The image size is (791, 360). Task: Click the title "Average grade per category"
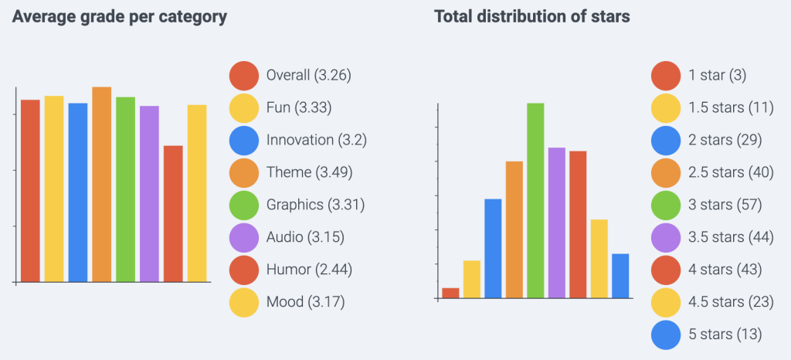click(120, 16)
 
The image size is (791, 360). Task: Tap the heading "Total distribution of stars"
click(532, 16)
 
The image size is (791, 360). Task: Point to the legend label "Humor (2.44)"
click(310, 269)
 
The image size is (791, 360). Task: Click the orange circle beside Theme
click(244, 172)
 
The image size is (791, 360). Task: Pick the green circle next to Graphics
click(244, 205)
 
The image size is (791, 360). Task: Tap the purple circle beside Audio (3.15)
click(244, 237)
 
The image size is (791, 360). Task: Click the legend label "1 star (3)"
click(718, 75)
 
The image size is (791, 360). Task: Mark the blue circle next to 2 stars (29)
click(666, 140)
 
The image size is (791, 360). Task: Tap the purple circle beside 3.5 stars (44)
click(666, 237)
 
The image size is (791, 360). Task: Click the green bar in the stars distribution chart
click(535, 201)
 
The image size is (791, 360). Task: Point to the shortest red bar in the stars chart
click(450, 293)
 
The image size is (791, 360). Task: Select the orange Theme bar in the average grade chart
click(102, 185)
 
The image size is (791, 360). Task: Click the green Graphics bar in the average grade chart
click(125, 190)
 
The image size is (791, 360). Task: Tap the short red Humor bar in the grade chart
click(173, 214)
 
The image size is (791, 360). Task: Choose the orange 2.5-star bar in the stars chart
click(514, 229)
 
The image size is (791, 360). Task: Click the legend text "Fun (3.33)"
click(299, 107)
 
